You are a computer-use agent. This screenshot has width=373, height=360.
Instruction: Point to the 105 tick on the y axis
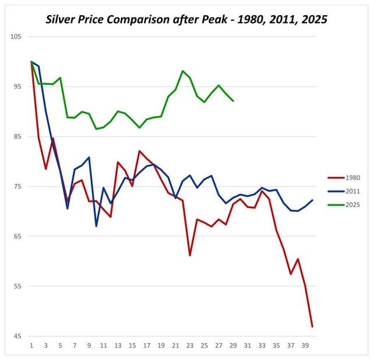click(x=16, y=37)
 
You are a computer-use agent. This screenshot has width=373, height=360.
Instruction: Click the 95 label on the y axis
click(x=17, y=87)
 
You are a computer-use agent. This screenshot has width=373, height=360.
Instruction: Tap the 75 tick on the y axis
click(x=17, y=186)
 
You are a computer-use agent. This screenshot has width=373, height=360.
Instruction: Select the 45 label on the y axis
click(x=17, y=336)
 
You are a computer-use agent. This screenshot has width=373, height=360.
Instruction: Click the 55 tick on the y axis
click(x=17, y=287)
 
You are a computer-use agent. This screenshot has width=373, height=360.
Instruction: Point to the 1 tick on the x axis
click(x=31, y=345)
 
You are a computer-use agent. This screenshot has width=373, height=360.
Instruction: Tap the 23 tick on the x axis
click(x=190, y=345)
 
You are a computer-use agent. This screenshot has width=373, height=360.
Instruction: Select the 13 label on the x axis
click(x=118, y=345)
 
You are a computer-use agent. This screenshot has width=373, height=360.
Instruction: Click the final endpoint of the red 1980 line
click(x=312, y=326)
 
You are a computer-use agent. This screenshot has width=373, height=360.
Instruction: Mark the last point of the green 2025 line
click(x=233, y=101)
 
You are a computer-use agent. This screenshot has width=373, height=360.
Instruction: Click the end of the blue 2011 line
click(x=312, y=200)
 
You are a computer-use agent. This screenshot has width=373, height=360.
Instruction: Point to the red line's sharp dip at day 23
click(x=190, y=255)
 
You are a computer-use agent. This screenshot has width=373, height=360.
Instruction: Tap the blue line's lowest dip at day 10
click(x=96, y=225)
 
